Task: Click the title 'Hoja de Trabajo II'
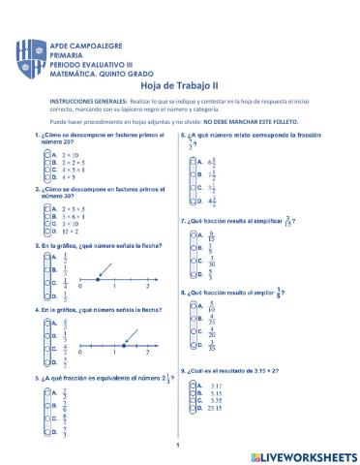coord(179,84)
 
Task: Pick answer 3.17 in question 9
coord(215,385)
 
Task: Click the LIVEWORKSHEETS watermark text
coord(301,454)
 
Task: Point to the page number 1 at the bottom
coord(179,447)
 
